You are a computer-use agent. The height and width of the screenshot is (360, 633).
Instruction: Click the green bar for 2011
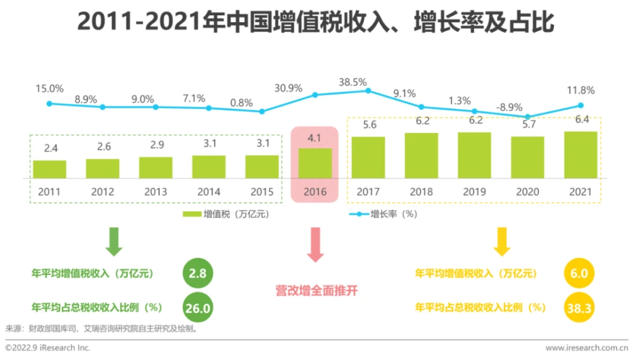pyautogui.click(x=50, y=169)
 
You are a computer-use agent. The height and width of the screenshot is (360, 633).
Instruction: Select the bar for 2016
pyautogui.click(x=315, y=163)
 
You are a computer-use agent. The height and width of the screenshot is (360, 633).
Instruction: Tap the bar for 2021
pyautogui.click(x=580, y=154)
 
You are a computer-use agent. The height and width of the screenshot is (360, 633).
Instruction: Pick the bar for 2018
pyautogui.click(x=421, y=155)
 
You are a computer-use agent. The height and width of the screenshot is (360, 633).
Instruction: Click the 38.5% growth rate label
pyautogui.click(x=353, y=82)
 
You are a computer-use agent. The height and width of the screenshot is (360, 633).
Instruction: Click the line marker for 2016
pyautogui.click(x=315, y=95)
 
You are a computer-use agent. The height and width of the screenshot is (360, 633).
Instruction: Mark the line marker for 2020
pyautogui.click(x=528, y=117)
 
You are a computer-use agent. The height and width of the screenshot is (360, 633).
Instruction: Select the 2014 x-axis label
pyautogui.click(x=208, y=191)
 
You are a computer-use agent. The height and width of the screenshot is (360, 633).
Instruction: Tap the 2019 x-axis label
pyautogui.click(x=474, y=191)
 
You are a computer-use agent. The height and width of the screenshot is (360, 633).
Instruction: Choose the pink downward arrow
pyautogui.click(x=315, y=246)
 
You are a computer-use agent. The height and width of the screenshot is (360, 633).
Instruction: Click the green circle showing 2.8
pyautogui.click(x=197, y=273)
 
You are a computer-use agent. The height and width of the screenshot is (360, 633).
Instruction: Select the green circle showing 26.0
pyautogui.click(x=197, y=307)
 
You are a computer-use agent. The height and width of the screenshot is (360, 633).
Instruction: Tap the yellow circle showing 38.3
pyautogui.click(x=579, y=307)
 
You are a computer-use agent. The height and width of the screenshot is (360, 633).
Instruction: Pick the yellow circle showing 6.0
pyautogui.click(x=579, y=273)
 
